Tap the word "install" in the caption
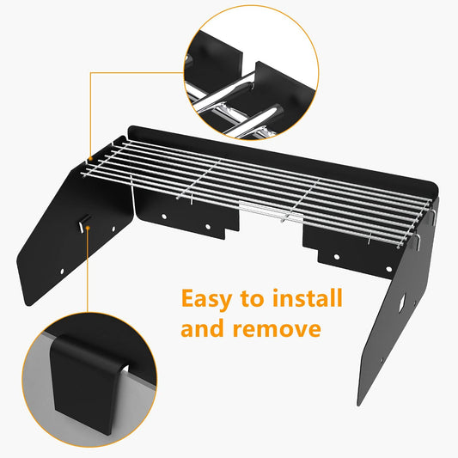coord(308,300)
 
